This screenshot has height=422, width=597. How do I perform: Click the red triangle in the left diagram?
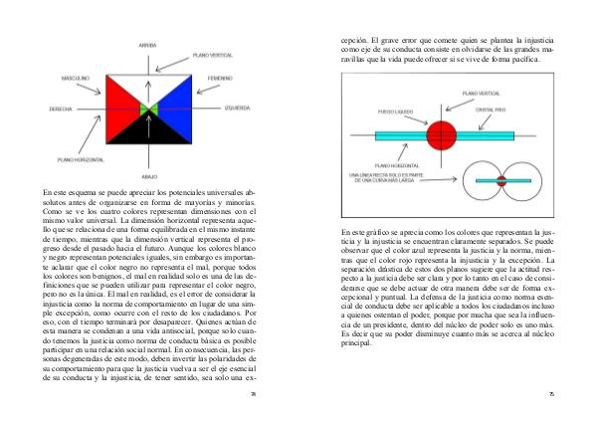pos(121,100)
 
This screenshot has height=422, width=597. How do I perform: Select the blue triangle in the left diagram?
pos(176,100)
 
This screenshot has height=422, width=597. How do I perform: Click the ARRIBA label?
pos(148,45)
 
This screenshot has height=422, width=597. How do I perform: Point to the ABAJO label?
pos(149,173)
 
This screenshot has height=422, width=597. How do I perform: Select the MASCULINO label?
pos(77,76)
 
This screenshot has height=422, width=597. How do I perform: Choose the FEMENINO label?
pos(220,76)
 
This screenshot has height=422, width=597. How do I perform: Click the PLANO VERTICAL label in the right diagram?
pos(468,92)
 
